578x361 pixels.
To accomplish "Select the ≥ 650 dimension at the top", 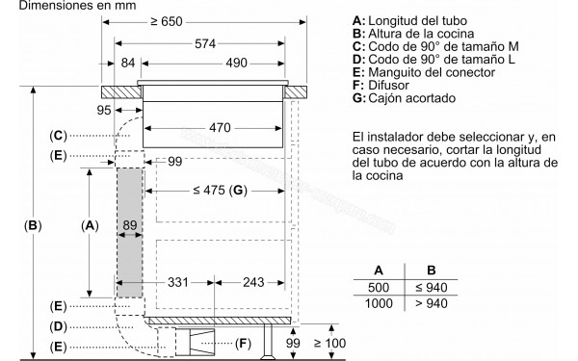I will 194,21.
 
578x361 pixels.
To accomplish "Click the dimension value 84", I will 126,64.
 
